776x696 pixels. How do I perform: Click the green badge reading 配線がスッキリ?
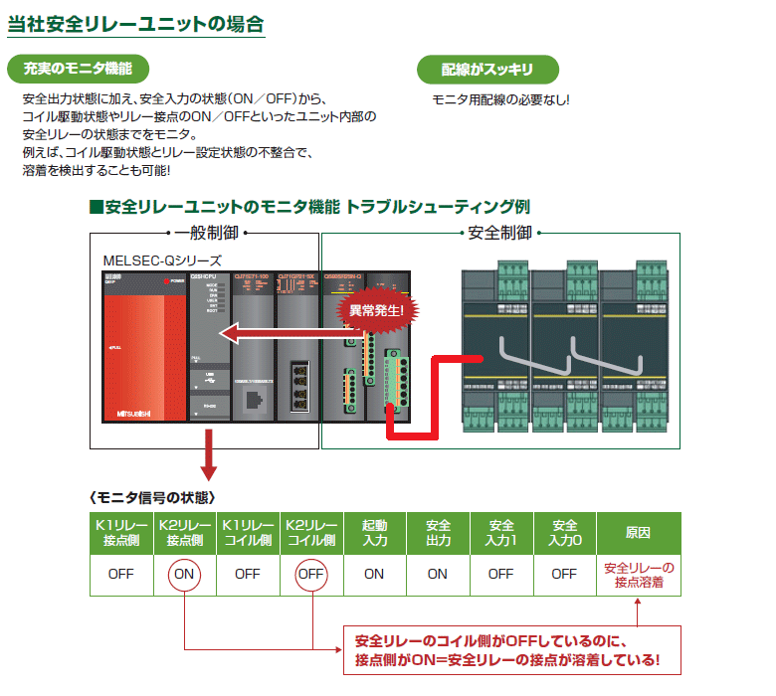pos(487,69)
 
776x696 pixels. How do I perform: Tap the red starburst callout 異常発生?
pos(376,310)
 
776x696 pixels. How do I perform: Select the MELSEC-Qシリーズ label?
pos(162,260)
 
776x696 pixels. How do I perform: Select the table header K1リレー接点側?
pos(120,533)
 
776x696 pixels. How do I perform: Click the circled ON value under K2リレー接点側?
pos(184,574)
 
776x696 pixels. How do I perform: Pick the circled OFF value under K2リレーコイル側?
pos(311,574)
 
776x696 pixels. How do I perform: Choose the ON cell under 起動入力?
pos(374,574)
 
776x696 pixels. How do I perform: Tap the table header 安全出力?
pos(438,533)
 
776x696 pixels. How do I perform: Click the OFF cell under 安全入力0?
pos(564,574)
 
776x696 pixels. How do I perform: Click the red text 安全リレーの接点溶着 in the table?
pos(639,575)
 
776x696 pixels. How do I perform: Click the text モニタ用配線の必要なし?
pos(500,100)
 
